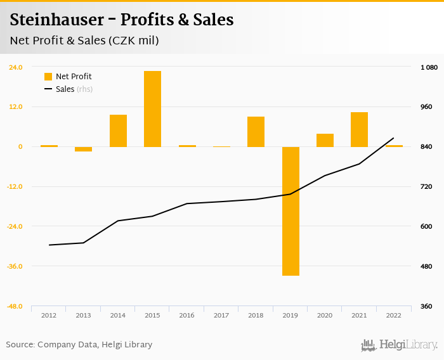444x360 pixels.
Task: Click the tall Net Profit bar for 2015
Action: (x=152, y=108)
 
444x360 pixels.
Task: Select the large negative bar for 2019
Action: (x=291, y=211)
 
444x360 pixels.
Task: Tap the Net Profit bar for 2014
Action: (x=118, y=131)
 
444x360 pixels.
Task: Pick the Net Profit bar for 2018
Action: (x=256, y=132)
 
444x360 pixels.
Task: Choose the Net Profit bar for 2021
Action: (x=359, y=129)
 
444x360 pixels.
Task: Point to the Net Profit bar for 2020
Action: (x=325, y=140)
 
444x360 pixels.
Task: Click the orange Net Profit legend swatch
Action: (x=48, y=77)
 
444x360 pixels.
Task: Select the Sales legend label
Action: (x=65, y=89)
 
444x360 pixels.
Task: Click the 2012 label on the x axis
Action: (x=49, y=315)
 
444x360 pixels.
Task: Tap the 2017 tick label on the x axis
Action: (x=221, y=315)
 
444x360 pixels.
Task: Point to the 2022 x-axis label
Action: (x=394, y=315)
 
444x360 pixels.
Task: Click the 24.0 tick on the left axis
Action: (x=16, y=67)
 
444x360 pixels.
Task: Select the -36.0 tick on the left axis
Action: (x=15, y=266)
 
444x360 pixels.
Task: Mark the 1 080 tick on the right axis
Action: (x=429, y=67)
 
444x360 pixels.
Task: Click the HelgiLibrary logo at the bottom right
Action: (x=399, y=345)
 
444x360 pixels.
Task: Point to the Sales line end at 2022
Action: (x=394, y=138)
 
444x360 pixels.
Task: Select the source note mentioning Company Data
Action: (x=79, y=345)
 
